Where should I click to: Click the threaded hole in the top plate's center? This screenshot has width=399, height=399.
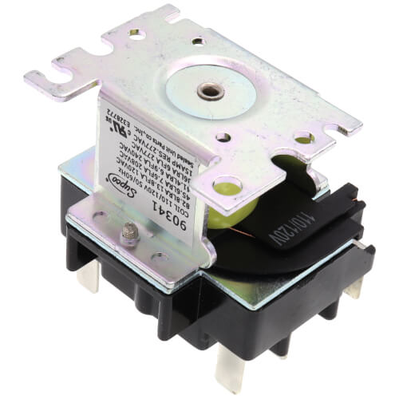click(211, 90)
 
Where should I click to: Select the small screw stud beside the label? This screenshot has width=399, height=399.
click(128, 233)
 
